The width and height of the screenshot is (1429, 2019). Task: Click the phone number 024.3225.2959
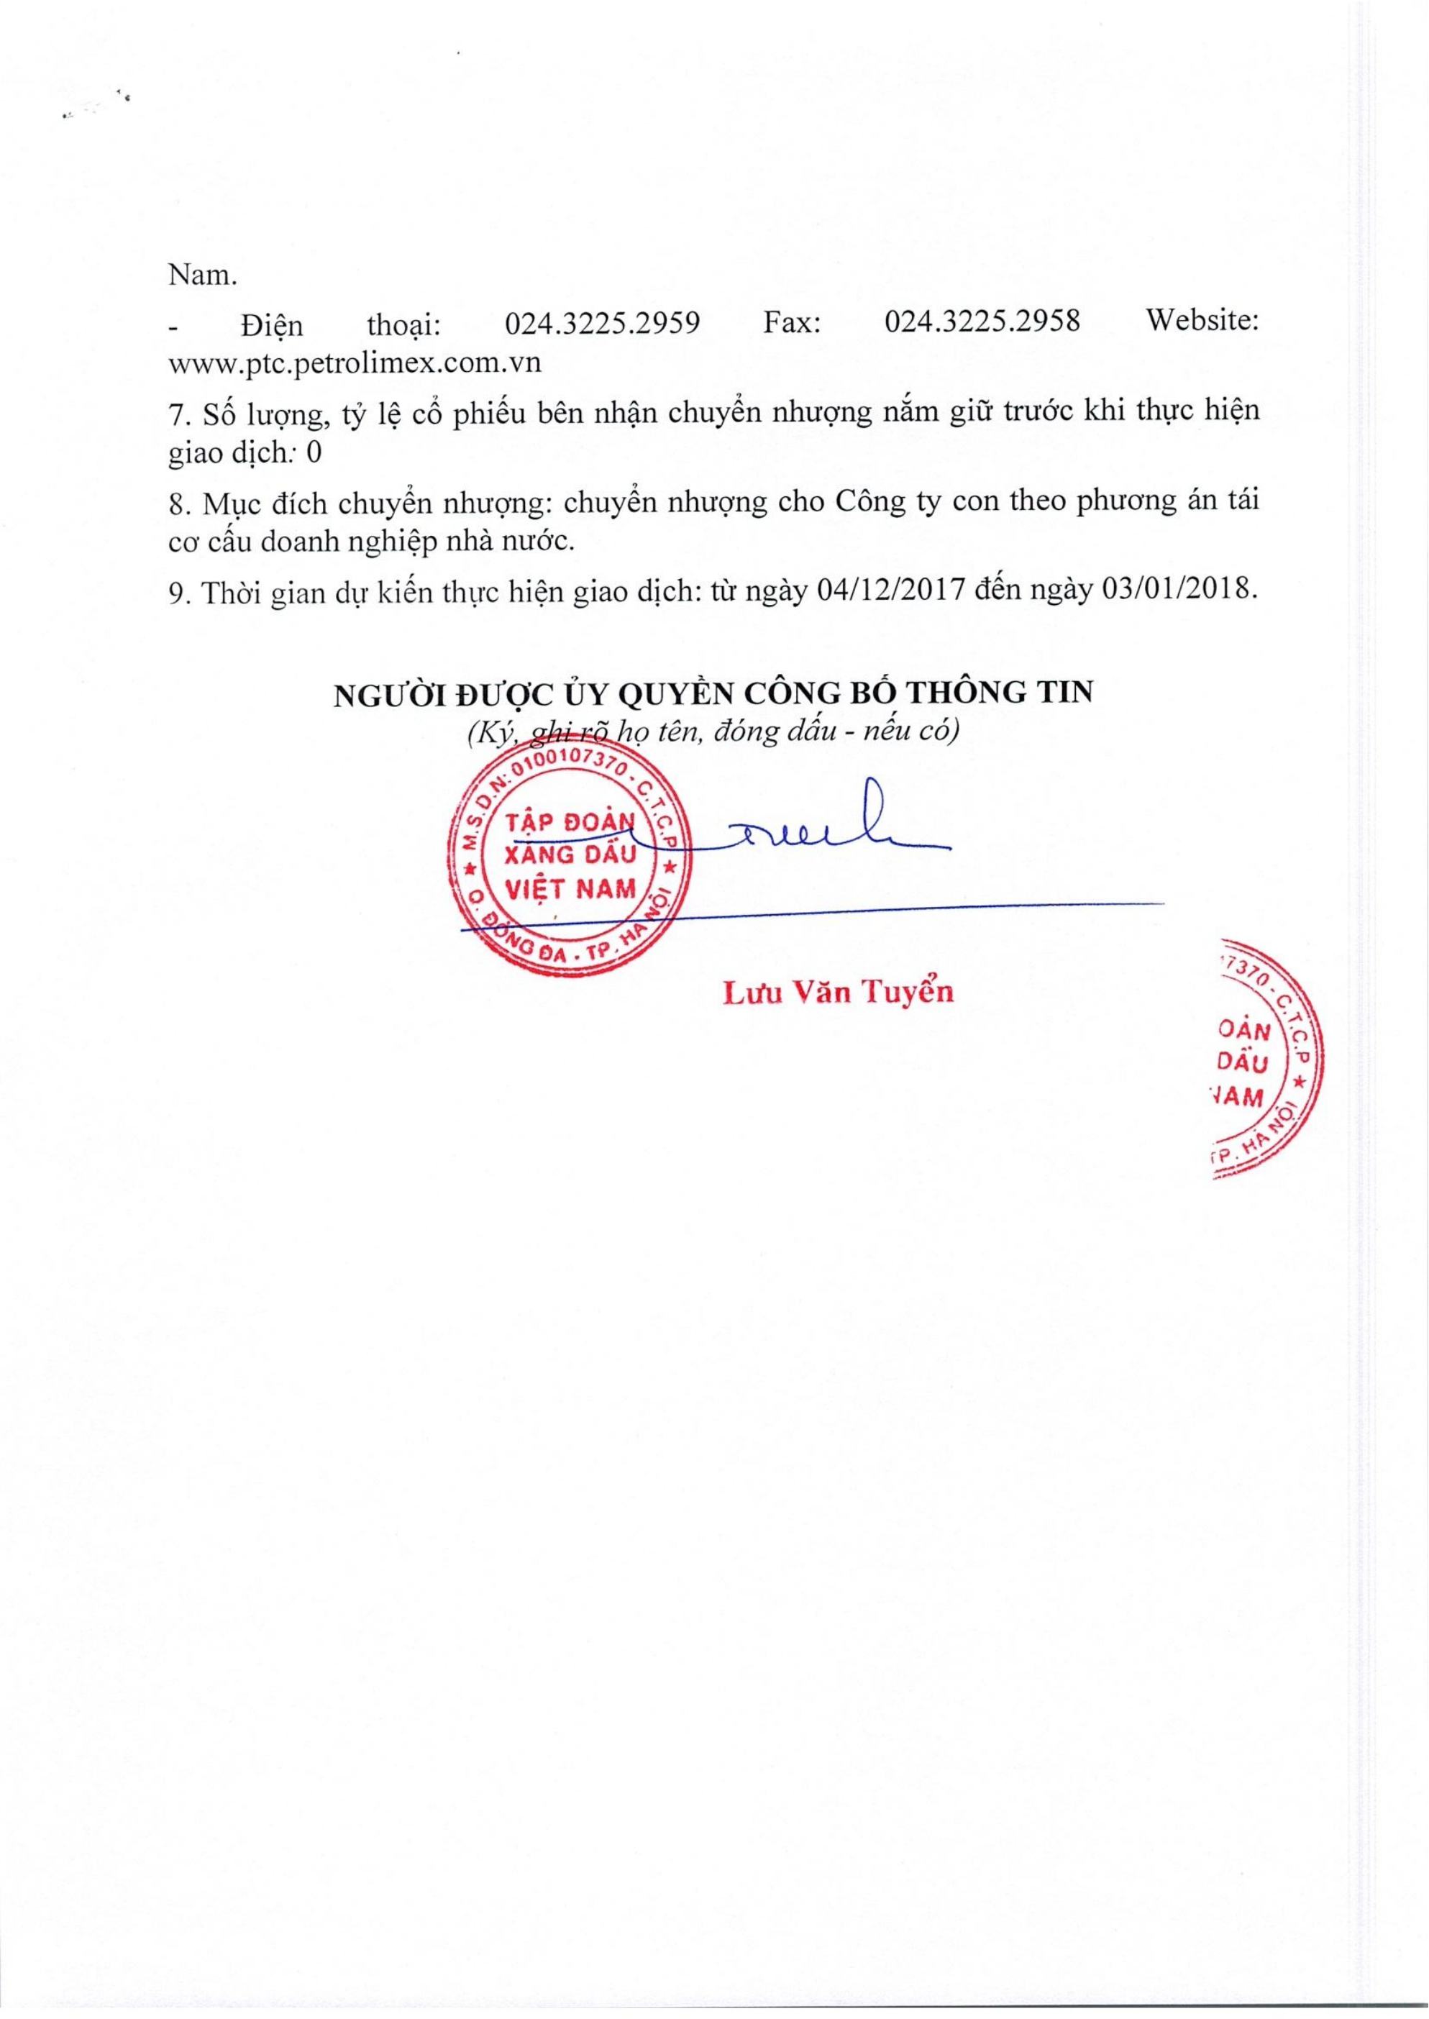(602, 324)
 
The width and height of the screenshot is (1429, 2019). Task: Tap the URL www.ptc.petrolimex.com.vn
(354, 363)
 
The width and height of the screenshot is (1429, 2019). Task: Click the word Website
(1202, 324)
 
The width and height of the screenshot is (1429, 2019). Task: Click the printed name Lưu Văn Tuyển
(838, 992)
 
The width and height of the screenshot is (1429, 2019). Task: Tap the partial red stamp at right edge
(1268, 1066)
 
